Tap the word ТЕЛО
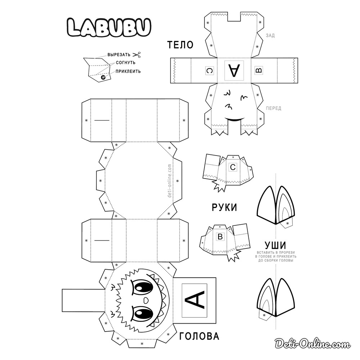pyautogui.click(x=180, y=45)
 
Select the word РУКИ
pyautogui.click(x=224, y=207)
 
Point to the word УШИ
pyautogui.click(x=275, y=245)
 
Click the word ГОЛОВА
pyautogui.click(x=199, y=336)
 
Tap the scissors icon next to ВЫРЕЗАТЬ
pyautogui.click(x=136, y=55)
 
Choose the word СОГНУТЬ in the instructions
pyautogui.click(x=128, y=63)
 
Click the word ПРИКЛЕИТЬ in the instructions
pyautogui.click(x=128, y=71)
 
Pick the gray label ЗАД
pyautogui.click(x=270, y=35)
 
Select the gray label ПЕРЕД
pyautogui.click(x=273, y=108)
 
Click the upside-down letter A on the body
pyautogui.click(x=234, y=71)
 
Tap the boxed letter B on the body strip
pyautogui.click(x=258, y=71)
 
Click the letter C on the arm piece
pyautogui.click(x=233, y=167)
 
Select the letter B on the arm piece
pyautogui.click(x=220, y=237)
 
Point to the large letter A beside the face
pyautogui.click(x=195, y=300)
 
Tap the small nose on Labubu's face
pyautogui.click(x=146, y=300)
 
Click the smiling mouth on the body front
pyautogui.click(x=234, y=120)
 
